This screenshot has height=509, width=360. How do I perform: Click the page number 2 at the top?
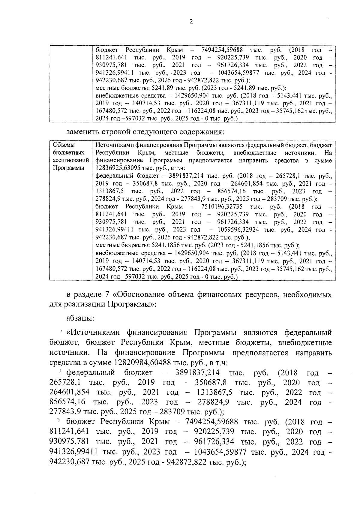(191, 21)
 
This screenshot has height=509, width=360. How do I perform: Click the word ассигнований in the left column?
(70, 161)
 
